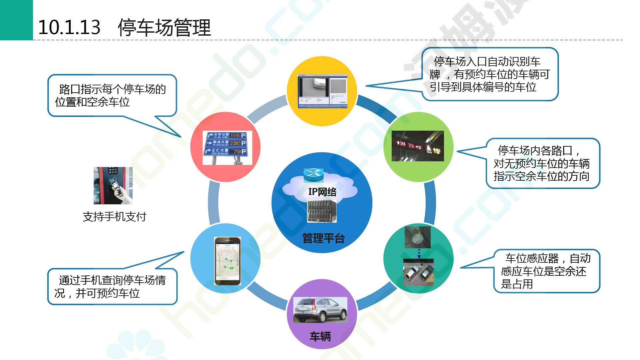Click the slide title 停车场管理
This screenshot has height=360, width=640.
click(164, 27)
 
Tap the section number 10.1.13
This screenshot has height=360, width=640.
click(69, 27)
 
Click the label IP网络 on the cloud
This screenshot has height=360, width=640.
click(322, 192)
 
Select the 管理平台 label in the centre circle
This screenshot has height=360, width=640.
click(323, 238)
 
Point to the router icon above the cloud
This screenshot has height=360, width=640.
click(313, 175)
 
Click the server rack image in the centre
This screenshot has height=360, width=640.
click(322, 211)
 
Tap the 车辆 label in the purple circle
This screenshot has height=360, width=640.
click(320, 336)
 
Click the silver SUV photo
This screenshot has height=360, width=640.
click(320, 310)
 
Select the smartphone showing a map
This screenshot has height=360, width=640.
click(227, 261)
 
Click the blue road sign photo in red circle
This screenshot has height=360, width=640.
click(227, 148)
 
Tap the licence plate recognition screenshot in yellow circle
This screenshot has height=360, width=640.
click(322, 91)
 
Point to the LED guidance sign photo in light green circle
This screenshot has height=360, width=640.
click(418, 146)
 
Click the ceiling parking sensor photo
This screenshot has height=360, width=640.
click(417, 237)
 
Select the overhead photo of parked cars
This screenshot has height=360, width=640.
click(418, 272)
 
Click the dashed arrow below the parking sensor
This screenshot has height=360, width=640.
click(419, 254)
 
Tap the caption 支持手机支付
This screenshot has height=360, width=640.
click(114, 217)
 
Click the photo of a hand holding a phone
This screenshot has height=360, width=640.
click(113, 186)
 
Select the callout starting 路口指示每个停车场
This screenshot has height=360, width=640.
click(112, 96)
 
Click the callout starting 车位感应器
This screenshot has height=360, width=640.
click(546, 271)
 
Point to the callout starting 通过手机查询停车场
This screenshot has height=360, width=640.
click(112, 287)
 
